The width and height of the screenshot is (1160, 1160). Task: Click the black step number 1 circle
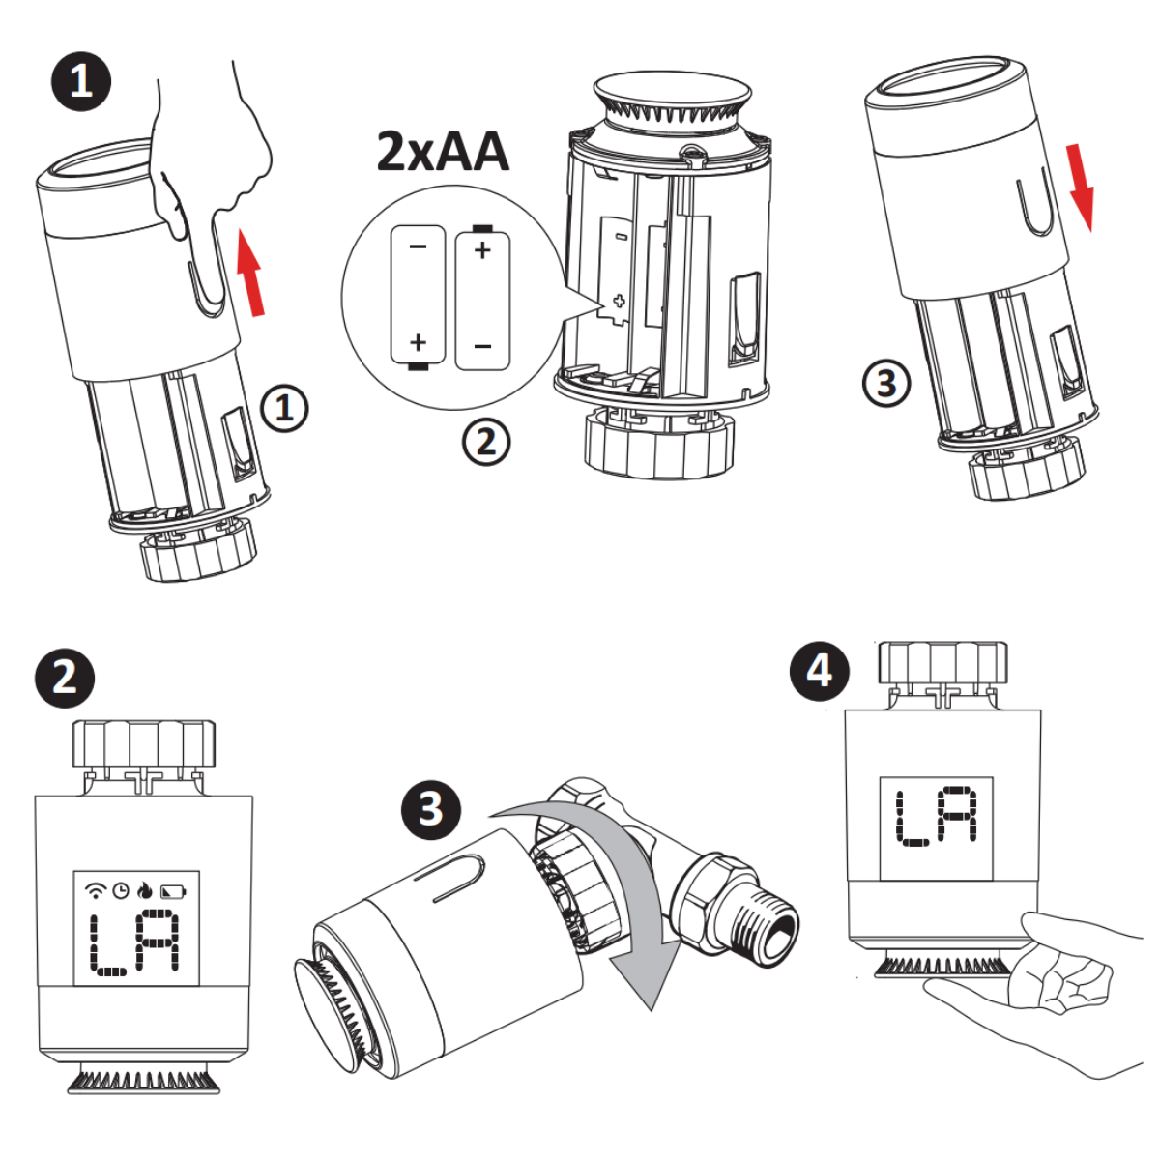(80, 81)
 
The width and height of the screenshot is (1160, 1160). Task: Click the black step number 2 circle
(64, 678)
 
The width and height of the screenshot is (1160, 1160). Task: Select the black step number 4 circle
(820, 671)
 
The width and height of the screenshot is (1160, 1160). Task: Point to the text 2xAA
(443, 153)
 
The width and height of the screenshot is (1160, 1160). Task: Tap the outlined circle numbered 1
(284, 409)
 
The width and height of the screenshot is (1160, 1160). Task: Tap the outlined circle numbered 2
(486, 442)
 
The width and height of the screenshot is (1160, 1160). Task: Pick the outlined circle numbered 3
(885, 384)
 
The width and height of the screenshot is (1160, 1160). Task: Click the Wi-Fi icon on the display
(96, 890)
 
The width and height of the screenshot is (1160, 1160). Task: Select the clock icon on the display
(121, 890)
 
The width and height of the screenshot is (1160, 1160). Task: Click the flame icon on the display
(146, 889)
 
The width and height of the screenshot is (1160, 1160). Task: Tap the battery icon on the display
(174, 890)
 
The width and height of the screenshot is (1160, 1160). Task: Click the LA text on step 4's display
(936, 817)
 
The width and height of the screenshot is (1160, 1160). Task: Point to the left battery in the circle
(418, 297)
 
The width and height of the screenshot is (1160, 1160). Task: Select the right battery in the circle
(482, 297)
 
